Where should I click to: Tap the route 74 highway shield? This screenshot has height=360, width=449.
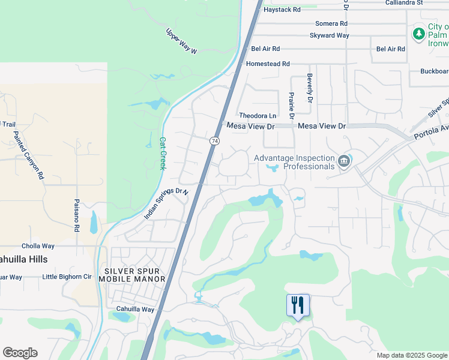point(214,140)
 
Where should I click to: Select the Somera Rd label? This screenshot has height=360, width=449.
point(331,23)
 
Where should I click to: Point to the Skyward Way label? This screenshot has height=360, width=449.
point(330,35)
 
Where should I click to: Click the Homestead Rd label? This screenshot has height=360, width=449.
point(268,64)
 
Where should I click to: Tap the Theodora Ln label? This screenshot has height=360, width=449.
point(258,115)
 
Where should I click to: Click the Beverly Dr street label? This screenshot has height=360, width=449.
point(310,88)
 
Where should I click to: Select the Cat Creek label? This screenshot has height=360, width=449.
point(162,154)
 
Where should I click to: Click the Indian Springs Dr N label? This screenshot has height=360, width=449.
point(166,204)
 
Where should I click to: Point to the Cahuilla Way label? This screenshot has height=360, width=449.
point(135,310)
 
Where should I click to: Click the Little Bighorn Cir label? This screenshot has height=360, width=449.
point(67,277)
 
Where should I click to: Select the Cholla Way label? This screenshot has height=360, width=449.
point(38,246)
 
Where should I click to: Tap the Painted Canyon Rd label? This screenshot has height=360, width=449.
point(28,155)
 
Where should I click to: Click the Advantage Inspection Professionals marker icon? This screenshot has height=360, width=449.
point(343,161)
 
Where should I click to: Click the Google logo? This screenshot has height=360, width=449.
point(20,353)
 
